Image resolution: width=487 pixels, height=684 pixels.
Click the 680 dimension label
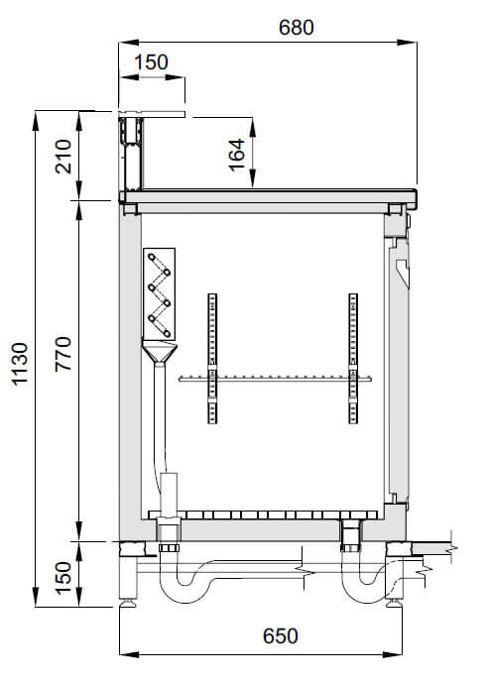(x=296, y=28)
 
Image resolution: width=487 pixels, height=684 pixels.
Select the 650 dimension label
(x=280, y=636)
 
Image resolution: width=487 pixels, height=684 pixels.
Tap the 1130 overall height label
(x=20, y=364)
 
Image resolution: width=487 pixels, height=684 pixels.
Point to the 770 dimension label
(x=63, y=354)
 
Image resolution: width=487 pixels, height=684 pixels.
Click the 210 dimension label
(x=63, y=157)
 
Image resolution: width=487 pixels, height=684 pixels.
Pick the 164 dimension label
(x=236, y=155)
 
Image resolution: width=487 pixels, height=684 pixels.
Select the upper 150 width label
(x=151, y=62)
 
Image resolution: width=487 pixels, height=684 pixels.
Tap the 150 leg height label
(x=63, y=577)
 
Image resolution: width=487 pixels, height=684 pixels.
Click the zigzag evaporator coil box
(x=160, y=294)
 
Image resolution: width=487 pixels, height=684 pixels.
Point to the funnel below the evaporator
(x=160, y=354)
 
